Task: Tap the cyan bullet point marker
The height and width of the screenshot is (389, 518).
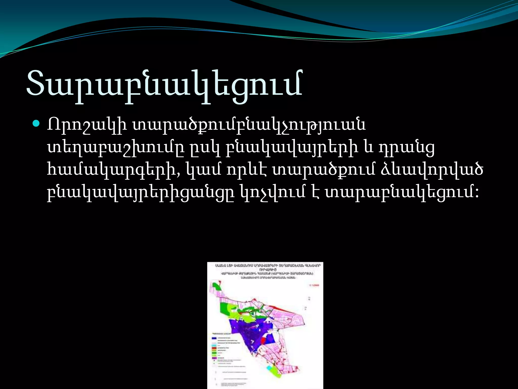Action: [x=36, y=124]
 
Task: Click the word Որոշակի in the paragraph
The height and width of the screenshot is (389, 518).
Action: [x=87, y=125]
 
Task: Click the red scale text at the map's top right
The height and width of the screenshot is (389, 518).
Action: [x=315, y=285]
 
